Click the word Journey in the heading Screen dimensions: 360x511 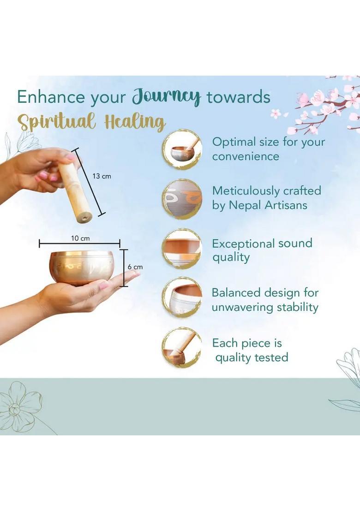click(166, 97)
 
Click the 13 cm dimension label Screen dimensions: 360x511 click(102, 176)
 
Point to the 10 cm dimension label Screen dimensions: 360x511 click(80, 238)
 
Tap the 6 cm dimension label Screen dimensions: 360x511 click(135, 267)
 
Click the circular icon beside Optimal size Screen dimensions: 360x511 click(183, 149)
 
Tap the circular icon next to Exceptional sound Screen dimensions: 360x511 click(183, 249)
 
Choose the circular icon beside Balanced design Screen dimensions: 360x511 click(183, 297)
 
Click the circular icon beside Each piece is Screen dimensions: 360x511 click(183, 347)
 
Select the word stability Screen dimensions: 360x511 click(297, 307)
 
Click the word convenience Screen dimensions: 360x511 click(246, 156)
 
